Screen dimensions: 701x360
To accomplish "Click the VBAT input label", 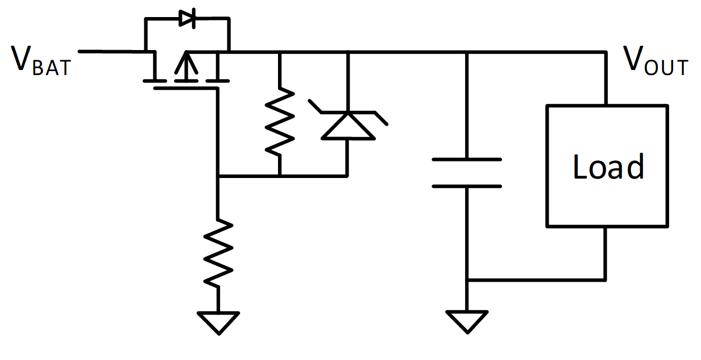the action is tap(42, 61).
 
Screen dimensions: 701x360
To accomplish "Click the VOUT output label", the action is tap(656, 61).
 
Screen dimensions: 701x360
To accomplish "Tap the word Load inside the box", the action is tap(608, 167).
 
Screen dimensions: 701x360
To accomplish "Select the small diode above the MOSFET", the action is tap(187, 18).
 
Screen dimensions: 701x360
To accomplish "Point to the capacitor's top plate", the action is tap(467, 159).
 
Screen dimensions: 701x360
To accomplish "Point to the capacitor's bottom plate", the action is tap(467, 187).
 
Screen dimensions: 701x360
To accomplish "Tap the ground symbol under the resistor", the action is tap(218, 322).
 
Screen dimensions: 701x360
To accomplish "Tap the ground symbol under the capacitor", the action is tap(467, 322).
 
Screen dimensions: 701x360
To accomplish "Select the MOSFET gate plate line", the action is tap(186, 89).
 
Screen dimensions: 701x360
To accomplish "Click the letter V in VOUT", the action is tap(633, 58).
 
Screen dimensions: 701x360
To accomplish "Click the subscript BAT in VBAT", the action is tap(52, 68).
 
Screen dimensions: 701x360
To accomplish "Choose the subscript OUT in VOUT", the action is tap(666, 68).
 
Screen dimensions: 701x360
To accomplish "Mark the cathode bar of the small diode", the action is tap(194, 18).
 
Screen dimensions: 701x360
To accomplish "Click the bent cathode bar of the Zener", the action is tap(348, 112).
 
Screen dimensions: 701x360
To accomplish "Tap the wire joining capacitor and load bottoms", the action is tap(536, 280).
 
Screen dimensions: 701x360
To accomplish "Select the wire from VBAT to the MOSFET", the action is tap(117, 51).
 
